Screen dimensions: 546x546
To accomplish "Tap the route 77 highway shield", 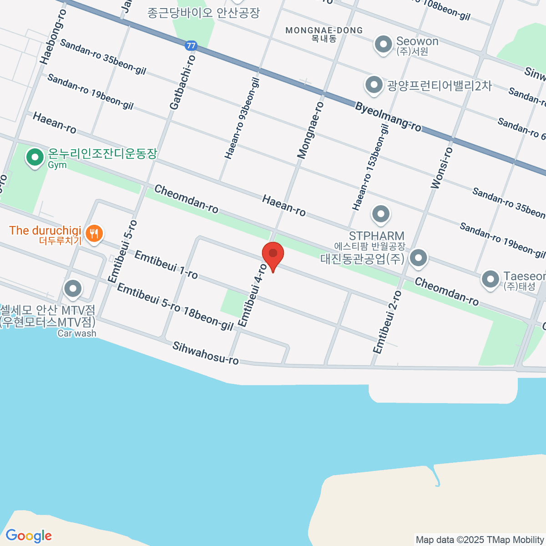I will click(x=191, y=45).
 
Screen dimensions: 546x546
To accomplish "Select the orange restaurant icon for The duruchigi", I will click(x=94, y=234).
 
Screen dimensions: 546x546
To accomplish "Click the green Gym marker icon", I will click(x=34, y=158).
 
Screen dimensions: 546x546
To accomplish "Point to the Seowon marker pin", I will click(x=383, y=45).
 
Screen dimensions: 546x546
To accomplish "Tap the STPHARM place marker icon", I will click(x=380, y=214).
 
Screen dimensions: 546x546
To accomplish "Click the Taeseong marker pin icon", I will click(x=490, y=279).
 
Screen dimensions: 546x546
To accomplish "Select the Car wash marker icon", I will click(x=73, y=288).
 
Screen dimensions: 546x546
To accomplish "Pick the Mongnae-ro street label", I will click(x=310, y=131).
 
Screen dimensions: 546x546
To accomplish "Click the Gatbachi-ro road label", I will click(x=182, y=82).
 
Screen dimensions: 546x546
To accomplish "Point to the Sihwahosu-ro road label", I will click(x=205, y=353).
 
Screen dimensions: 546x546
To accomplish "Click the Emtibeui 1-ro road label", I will click(x=166, y=265).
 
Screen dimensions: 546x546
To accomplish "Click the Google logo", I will click(x=29, y=536).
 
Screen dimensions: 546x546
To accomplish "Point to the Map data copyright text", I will click(x=480, y=540).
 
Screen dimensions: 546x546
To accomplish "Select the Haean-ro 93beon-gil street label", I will click(x=242, y=118).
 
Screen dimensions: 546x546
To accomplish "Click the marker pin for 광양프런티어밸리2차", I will click(x=374, y=85).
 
